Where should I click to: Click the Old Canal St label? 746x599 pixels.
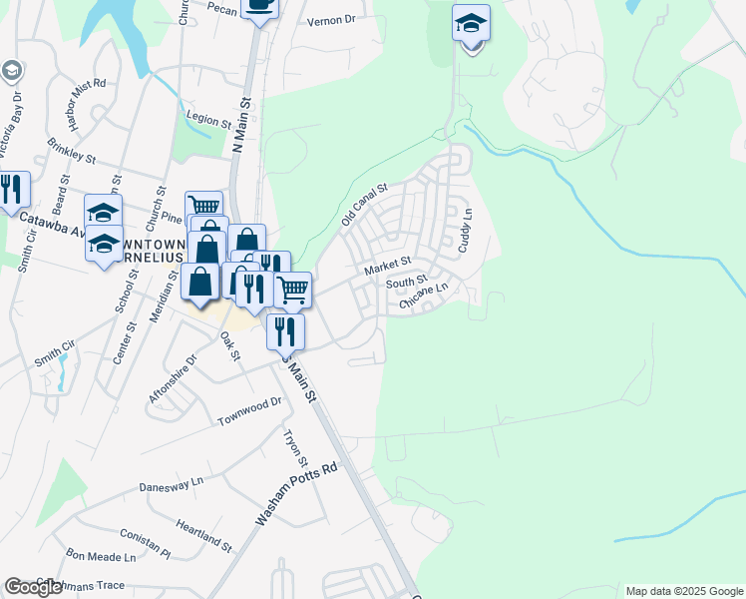[x=364, y=203]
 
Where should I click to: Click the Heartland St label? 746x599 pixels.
[x=202, y=534]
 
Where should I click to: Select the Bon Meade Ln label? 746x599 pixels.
[x=100, y=556]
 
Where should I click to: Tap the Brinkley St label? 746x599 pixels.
[x=71, y=150]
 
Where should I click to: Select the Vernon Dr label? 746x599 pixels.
[x=332, y=20]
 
